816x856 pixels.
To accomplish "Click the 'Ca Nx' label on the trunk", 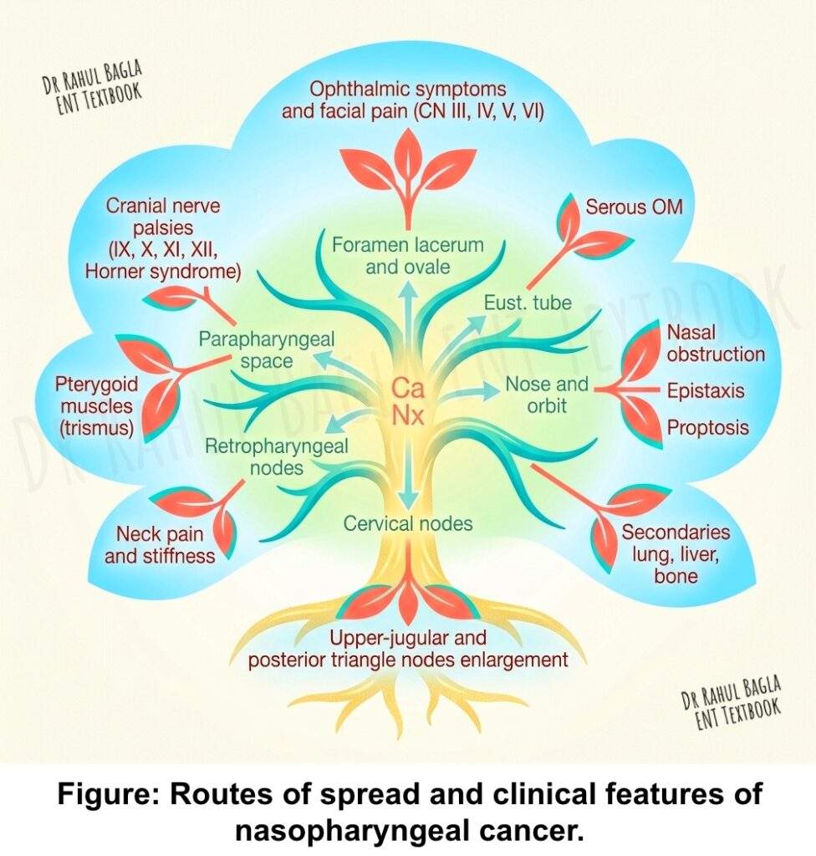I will [x=409, y=401].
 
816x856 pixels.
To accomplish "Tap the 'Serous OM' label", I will [x=634, y=206].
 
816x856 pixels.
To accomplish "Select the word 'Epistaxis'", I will [x=705, y=391].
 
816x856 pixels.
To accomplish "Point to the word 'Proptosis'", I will [x=707, y=429].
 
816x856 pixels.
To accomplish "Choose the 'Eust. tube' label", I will [x=528, y=303].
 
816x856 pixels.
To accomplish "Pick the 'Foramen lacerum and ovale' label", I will [x=408, y=256].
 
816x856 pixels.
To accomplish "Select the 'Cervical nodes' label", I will [x=409, y=524].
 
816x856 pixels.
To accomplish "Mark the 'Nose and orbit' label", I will [x=547, y=395].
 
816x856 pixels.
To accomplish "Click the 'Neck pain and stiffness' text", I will [x=166, y=544].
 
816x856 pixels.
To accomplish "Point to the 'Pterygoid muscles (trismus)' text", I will [x=94, y=407].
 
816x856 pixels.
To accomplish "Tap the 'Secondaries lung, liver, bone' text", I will [x=676, y=554].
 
